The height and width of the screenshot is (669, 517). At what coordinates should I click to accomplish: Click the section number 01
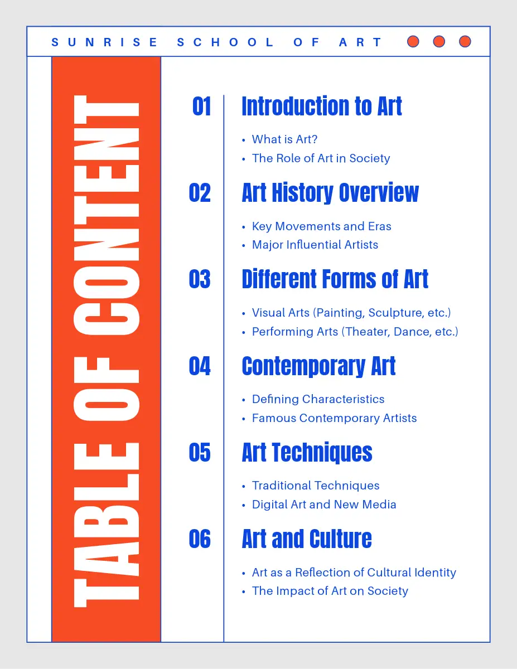tap(201, 106)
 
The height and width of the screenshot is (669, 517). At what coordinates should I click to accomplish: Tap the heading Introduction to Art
tap(322, 106)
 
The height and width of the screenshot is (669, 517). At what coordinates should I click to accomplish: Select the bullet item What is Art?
tap(284, 139)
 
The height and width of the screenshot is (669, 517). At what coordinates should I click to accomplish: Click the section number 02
tap(200, 193)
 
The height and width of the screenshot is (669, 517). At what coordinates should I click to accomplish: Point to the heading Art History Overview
tap(330, 193)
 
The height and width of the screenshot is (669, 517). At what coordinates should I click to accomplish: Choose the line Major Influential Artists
tap(315, 245)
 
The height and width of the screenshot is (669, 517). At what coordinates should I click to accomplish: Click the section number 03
tap(200, 279)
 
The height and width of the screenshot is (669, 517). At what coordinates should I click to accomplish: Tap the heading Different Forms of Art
tap(335, 279)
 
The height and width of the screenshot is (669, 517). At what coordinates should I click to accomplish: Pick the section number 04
tap(200, 366)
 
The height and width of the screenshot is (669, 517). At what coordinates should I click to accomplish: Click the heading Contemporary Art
tap(318, 366)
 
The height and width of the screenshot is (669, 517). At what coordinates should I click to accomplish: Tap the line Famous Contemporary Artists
tap(334, 418)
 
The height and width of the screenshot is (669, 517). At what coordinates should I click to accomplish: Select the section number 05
tap(200, 453)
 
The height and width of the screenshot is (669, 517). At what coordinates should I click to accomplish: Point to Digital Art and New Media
tap(324, 505)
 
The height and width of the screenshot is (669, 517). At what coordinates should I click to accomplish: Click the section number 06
tap(200, 539)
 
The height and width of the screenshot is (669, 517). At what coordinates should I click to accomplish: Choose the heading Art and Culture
tap(307, 539)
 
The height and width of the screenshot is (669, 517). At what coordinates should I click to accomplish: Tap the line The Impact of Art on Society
tap(330, 591)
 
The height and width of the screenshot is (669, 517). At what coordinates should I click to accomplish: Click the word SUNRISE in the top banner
tap(104, 42)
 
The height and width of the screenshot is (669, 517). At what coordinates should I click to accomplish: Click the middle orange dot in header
tap(439, 41)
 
